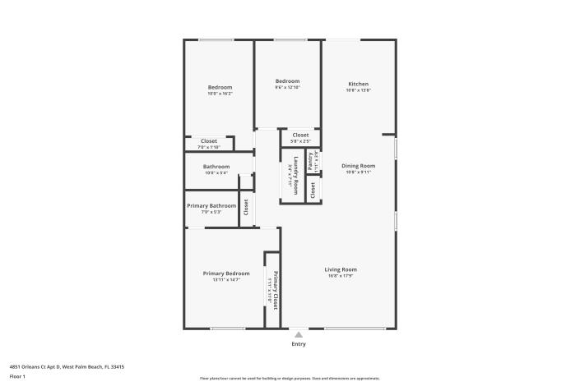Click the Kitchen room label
coord(358,84)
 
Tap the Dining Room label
coord(358,166)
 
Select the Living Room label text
coord(340,269)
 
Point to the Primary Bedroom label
coord(226,273)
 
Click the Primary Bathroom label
coord(211,205)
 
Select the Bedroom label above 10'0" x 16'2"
coord(220,87)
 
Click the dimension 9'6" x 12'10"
coord(287,88)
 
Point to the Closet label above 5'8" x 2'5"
coord(300,135)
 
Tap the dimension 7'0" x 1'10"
coord(209,147)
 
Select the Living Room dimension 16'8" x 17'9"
coord(340,277)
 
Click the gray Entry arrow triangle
coord(298,334)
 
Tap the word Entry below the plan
coord(298,343)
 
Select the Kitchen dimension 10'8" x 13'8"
coord(358,90)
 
